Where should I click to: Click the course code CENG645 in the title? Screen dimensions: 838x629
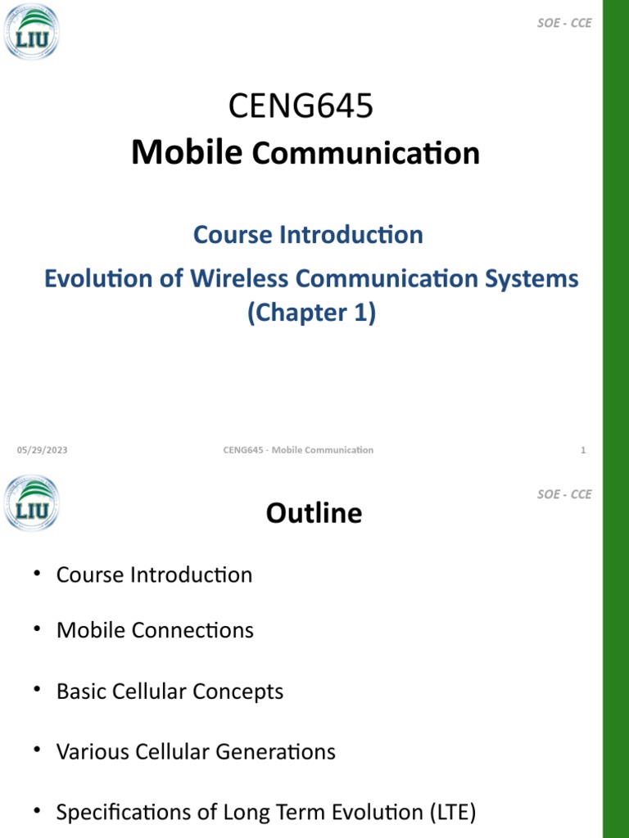point(301,106)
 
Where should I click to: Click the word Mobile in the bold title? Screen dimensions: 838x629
point(187,152)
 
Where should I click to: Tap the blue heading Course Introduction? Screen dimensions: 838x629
point(308,235)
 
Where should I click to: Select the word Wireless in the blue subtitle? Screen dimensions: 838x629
point(240,278)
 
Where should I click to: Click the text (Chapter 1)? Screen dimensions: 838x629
point(311,313)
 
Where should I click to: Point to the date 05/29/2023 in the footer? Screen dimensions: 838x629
point(43,450)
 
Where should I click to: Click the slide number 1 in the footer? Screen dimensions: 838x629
point(582,450)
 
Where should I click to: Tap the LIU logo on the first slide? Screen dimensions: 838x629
point(31,32)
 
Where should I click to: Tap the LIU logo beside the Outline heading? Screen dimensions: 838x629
point(31,503)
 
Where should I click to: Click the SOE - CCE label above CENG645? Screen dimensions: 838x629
point(563,23)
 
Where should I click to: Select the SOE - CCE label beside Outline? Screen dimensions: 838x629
point(563,494)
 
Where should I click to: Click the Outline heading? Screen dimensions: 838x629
point(314,513)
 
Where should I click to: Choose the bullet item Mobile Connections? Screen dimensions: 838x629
point(155,630)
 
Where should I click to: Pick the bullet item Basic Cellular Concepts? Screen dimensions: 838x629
point(170,692)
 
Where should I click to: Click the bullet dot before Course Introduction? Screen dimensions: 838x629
point(37,574)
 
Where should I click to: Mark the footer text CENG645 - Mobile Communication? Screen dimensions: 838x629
point(298,450)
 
